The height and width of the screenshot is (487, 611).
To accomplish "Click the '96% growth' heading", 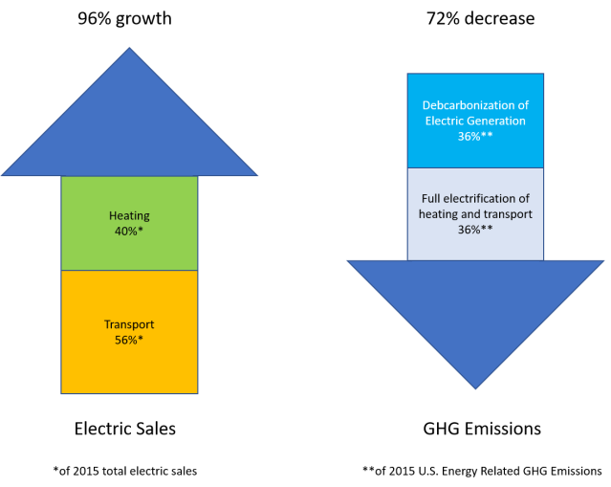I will point(125,17).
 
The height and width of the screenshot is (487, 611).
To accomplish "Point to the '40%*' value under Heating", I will point(129,231).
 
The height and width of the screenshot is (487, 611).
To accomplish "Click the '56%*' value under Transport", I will point(129,339).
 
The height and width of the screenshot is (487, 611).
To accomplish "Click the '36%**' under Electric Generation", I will point(475,137).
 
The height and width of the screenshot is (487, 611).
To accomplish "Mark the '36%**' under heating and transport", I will point(475,230).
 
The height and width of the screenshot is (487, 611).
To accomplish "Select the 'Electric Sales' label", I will point(125,428).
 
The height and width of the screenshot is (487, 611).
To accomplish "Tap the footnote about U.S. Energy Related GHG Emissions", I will point(482,470).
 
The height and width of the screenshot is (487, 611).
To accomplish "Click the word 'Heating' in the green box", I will point(129,216).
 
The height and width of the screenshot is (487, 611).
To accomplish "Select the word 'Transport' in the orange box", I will point(129,324).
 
